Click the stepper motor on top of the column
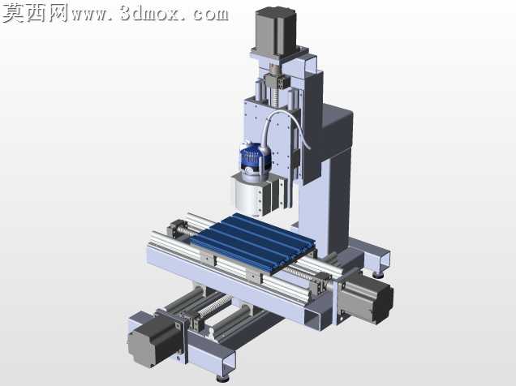276,32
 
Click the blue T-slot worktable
253,242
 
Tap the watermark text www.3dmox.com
150,14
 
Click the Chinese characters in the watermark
36,13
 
